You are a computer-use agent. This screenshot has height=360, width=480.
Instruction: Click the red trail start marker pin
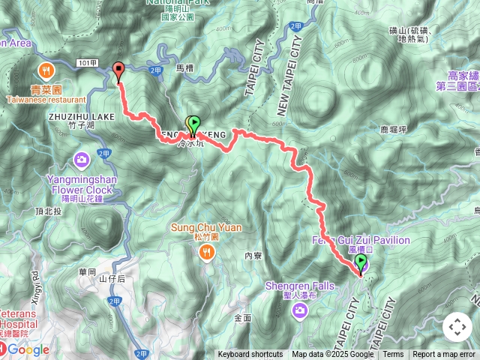pyautogui.click(x=118, y=71)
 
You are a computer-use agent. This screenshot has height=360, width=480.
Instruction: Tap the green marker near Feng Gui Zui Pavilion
pyautogui.click(x=361, y=262)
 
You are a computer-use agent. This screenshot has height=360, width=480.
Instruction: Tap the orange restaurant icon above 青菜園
pyautogui.click(x=46, y=71)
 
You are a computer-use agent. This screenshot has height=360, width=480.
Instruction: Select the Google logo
pyautogui.click(x=28, y=349)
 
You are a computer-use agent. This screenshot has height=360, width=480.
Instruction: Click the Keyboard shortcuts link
pyautogui.click(x=250, y=355)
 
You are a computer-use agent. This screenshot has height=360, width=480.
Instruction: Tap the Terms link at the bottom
pyautogui.click(x=393, y=355)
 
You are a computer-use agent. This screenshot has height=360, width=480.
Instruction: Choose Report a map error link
pyautogui.click(x=444, y=355)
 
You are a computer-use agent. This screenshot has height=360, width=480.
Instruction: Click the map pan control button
pyautogui.click(x=457, y=327)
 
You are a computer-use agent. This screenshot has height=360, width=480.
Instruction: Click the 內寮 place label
pyautogui.click(x=253, y=256)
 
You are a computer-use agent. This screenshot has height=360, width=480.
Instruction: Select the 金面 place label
pyautogui.click(x=242, y=318)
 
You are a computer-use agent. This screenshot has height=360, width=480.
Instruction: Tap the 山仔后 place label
pyautogui.click(x=111, y=278)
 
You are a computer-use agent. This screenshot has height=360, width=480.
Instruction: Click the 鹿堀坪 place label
pyautogui.click(x=394, y=129)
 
